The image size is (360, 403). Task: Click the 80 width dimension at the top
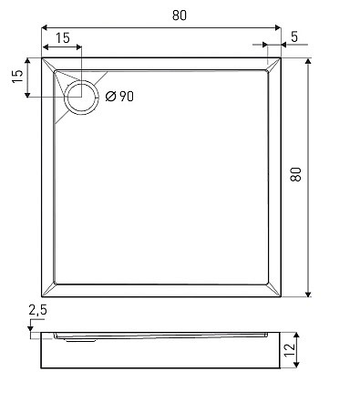pyautogui.click(x=180, y=15)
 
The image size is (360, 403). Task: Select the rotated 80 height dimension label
pyautogui.click(x=295, y=174)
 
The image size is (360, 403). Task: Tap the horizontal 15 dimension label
pyautogui.click(x=63, y=38)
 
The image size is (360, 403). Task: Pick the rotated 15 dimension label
pyautogui.click(x=17, y=76)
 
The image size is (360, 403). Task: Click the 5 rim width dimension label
pyautogui.click(x=294, y=36)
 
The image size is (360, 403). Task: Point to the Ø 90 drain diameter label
pyautogui.click(x=119, y=97)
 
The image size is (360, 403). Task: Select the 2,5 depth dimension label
pyautogui.click(x=37, y=310)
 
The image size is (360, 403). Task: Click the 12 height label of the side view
pyautogui.click(x=290, y=349)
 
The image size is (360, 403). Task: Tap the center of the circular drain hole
pyautogui.click(x=81, y=98)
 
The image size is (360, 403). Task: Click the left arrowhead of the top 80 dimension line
pyautogui.click(x=45, y=27)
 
